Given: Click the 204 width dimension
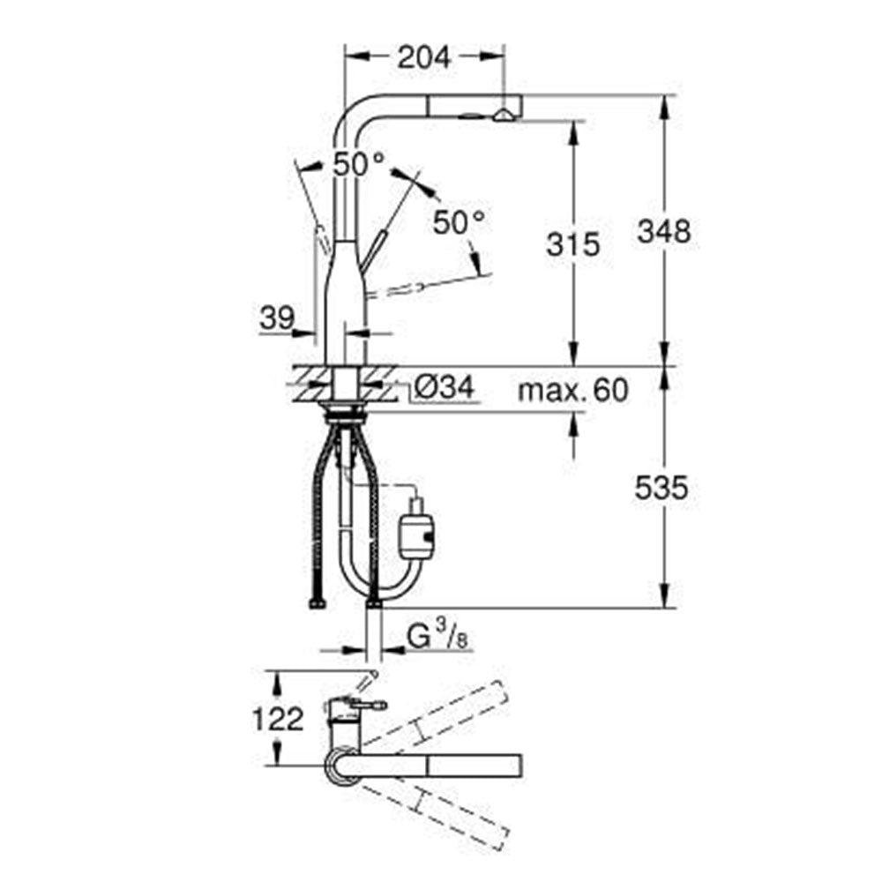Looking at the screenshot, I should click(x=423, y=58).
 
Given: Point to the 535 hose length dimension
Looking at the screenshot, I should click(x=661, y=488).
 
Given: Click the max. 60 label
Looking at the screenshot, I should click(x=572, y=389).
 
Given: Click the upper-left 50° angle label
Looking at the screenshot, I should click(x=359, y=163).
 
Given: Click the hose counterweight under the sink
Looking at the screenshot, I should click(x=417, y=532).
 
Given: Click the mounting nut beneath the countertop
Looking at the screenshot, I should click(x=348, y=410).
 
